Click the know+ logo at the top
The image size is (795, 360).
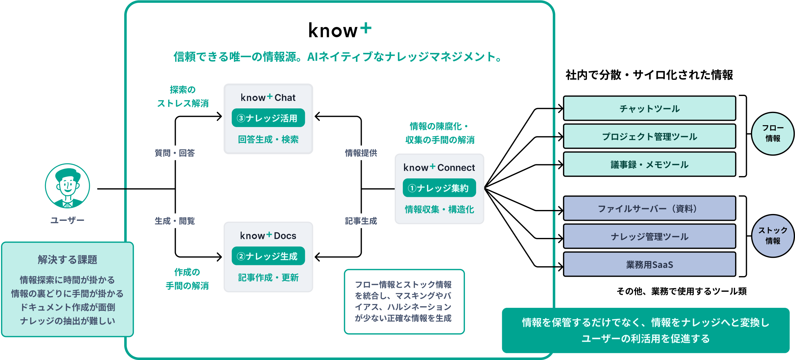[340, 30]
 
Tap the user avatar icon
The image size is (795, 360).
[67, 186]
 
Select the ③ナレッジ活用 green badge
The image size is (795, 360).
[268, 118]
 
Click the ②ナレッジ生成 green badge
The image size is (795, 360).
[268, 256]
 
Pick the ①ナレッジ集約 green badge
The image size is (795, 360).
[439, 188]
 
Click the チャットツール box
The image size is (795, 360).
[649, 108]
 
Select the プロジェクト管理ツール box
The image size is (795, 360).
[649, 136]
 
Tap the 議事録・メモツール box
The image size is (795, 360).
[649, 164]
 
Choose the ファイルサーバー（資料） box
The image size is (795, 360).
[649, 208]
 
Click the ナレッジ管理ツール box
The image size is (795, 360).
[649, 236]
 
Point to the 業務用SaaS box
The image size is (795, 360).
[649, 264]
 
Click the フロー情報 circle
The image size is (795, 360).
[773, 134]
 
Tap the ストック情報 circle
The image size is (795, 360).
[773, 236]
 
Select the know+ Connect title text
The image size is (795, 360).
[439, 168]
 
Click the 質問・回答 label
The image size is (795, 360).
[175, 153]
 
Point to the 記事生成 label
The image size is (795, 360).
[361, 221]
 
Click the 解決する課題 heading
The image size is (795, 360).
[67, 259]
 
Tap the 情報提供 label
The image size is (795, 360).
[361, 153]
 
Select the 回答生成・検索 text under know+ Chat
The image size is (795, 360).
[268, 139]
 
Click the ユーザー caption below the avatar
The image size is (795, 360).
[67, 220]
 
